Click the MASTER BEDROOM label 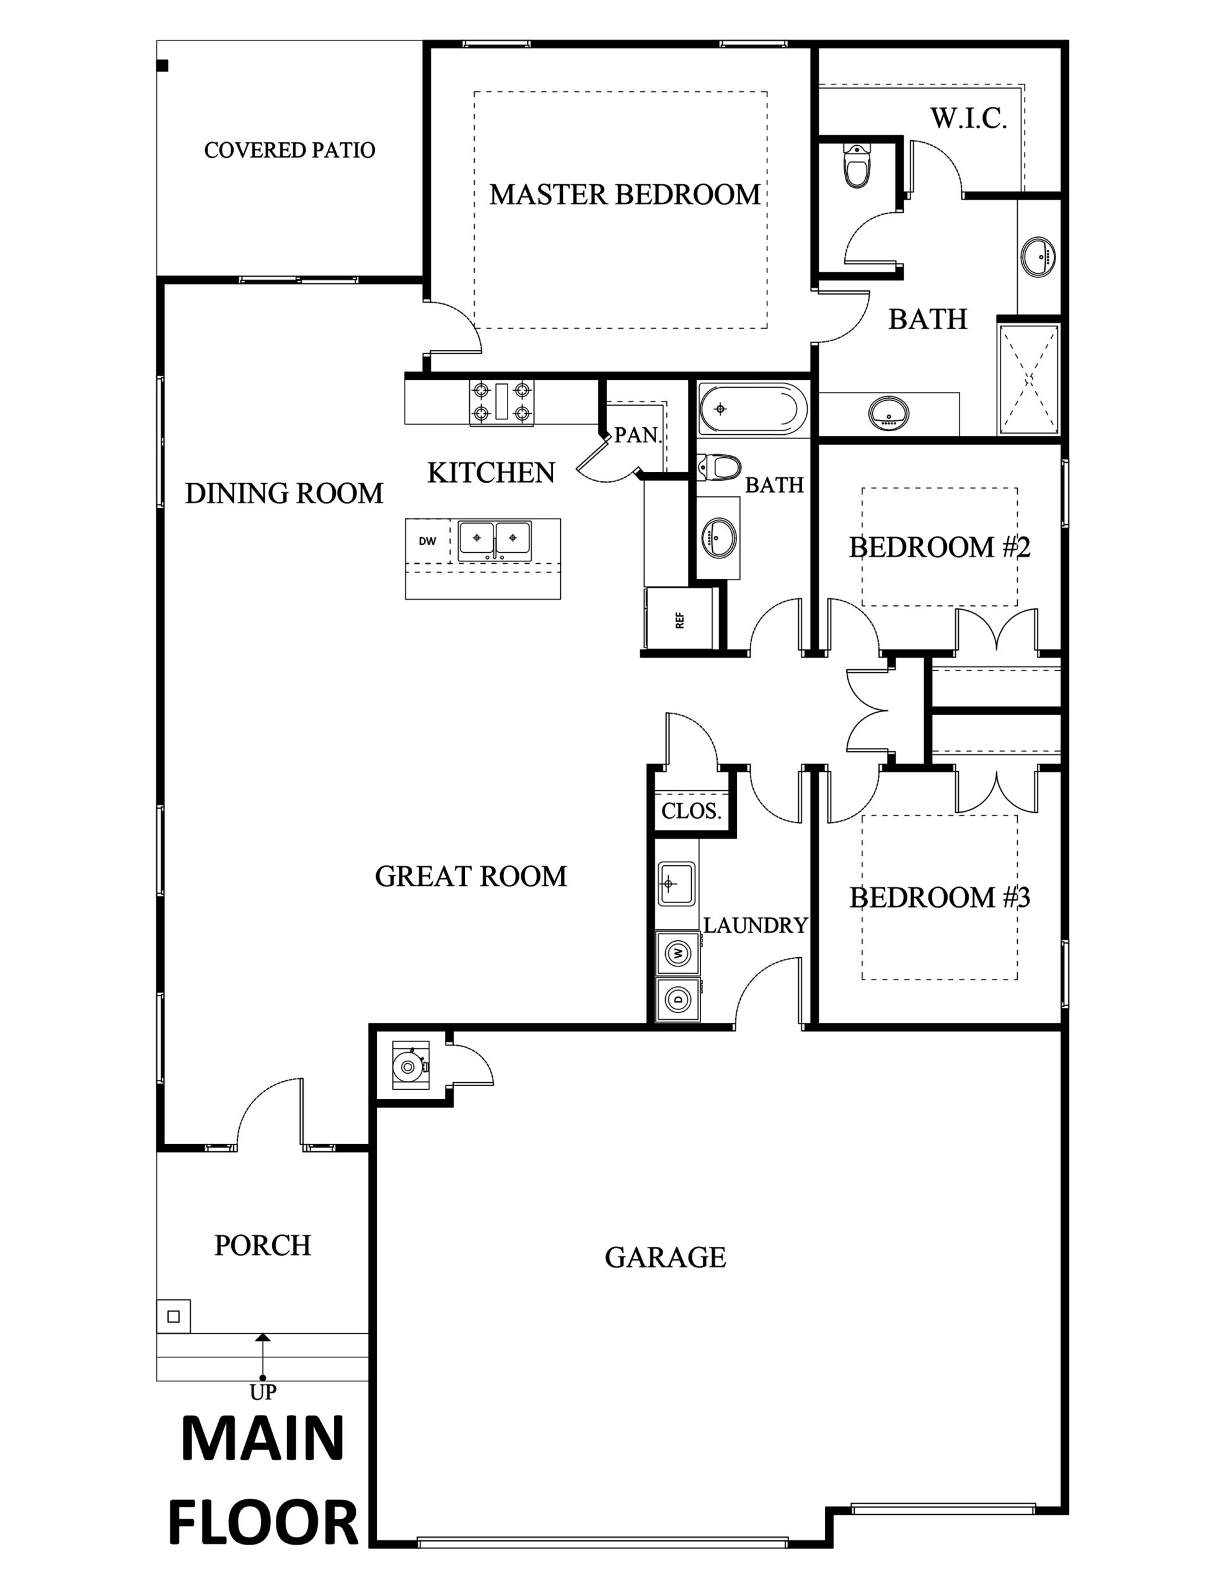tap(624, 194)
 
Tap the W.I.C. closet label tap(969, 118)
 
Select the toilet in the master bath tap(857, 166)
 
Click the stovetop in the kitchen tap(501, 402)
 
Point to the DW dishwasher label tap(427, 541)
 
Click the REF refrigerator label tap(680, 620)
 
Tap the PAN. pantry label tap(637, 435)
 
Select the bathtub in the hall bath tap(753, 409)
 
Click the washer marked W tap(678, 953)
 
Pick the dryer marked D tap(678, 999)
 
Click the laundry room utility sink tap(676, 883)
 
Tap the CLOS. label tap(691, 811)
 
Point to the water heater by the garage tap(410, 1066)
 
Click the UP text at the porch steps tap(262, 1392)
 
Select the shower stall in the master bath tap(1028, 380)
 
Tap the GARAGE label tap(665, 1257)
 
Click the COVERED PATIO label tap(289, 149)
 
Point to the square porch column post tap(174, 1316)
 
